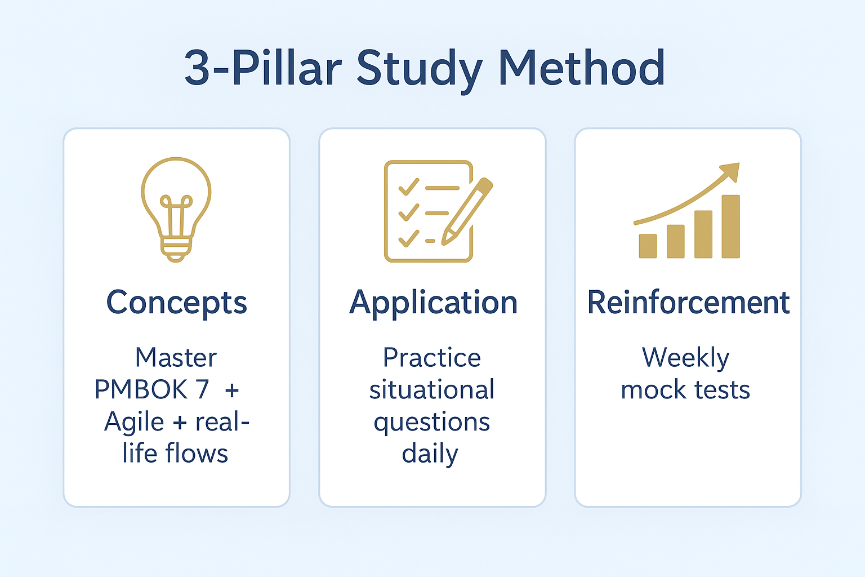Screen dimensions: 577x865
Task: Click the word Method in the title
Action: pos(581,68)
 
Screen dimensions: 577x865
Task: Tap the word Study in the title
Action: pos(419,68)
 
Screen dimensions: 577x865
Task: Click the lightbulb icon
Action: pos(176,208)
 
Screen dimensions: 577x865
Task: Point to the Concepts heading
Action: pos(176,303)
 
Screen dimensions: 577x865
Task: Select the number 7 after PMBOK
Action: pos(202,389)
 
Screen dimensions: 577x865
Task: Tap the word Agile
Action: pos(134,421)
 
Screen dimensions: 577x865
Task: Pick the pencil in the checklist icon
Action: pos(467,211)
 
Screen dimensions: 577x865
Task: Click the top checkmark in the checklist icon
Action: pos(408,187)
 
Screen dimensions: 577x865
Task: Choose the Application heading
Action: pos(432,303)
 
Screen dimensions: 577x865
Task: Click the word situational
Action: pos(432,389)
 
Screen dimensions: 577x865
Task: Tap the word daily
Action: pos(430,454)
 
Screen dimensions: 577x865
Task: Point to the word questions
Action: pos(432,422)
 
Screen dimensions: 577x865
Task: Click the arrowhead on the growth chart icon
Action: pos(730,171)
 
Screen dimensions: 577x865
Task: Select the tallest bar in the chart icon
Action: pos(730,227)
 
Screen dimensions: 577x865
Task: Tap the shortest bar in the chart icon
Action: pos(648,246)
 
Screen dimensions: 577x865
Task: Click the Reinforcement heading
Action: pos(688,303)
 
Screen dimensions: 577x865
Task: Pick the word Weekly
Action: pos(685,358)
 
